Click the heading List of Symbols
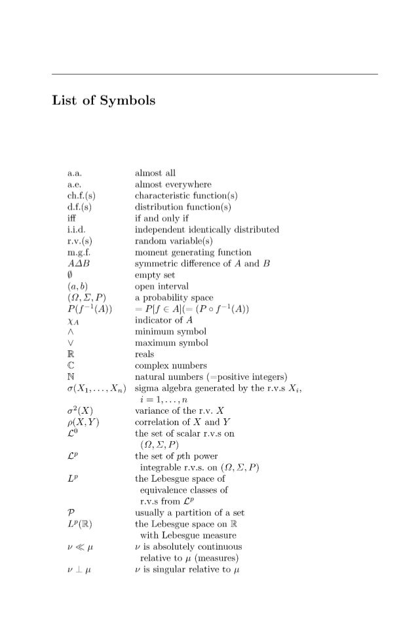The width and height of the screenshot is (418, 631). tap(104, 101)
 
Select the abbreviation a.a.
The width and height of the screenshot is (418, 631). tap(74, 173)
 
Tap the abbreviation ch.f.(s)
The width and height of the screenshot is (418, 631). tap(81, 196)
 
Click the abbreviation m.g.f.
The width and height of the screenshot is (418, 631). tap(77, 252)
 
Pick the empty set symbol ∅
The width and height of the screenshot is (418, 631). tap(70, 275)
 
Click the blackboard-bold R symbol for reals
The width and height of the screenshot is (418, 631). tap(71, 354)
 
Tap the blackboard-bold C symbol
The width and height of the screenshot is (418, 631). tap(71, 365)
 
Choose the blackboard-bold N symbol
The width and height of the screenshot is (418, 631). tap(71, 376)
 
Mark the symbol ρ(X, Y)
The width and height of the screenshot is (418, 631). tap(83, 422)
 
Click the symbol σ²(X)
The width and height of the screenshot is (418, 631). tap(82, 411)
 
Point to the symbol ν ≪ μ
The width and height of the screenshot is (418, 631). tap(78, 547)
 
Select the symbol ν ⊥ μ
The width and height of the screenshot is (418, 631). tap(78, 569)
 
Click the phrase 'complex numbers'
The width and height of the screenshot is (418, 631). tap(170, 365)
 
